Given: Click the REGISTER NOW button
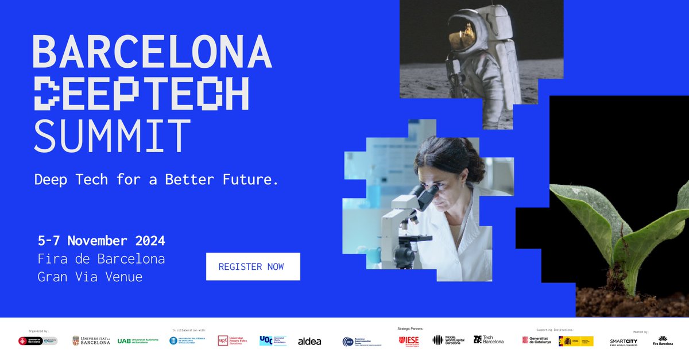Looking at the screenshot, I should [x=253, y=266].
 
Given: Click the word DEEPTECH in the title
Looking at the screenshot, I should [x=142, y=94].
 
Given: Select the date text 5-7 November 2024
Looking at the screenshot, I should [x=101, y=241].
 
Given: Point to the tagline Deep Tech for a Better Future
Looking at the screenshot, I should [x=156, y=180].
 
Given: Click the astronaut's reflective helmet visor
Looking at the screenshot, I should [x=463, y=34].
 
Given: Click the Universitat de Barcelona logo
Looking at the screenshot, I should [x=91, y=340].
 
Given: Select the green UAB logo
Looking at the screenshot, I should [x=137, y=340].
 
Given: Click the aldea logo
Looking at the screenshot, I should [x=309, y=341].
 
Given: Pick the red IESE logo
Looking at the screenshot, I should [x=409, y=340].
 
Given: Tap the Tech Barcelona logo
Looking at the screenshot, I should [x=488, y=340].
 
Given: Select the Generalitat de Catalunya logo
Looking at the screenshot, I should [x=536, y=340].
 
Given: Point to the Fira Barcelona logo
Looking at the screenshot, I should [x=663, y=341].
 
